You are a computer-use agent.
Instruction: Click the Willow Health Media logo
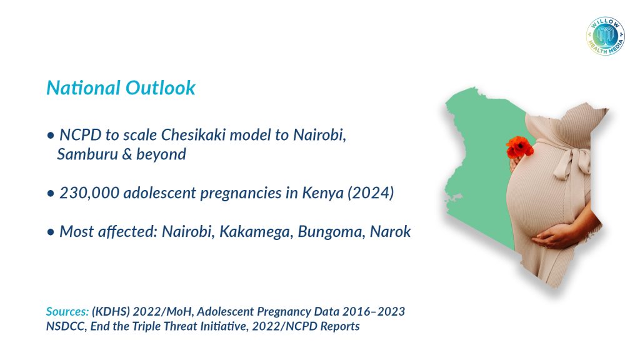(x=605, y=36)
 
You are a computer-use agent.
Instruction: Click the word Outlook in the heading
(x=161, y=87)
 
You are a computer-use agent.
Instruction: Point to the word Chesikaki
(x=193, y=135)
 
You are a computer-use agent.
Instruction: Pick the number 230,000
(x=89, y=193)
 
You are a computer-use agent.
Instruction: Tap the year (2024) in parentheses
(x=371, y=192)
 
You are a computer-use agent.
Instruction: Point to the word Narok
(x=390, y=231)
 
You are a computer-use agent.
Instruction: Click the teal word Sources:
(x=67, y=311)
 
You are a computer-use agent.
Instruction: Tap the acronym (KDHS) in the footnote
(x=111, y=311)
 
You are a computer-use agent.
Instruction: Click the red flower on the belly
(x=519, y=147)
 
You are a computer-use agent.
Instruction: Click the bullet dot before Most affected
(x=51, y=232)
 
